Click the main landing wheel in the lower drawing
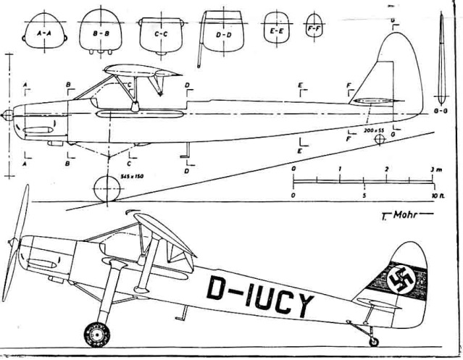point(96,334)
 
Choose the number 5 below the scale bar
point(364,196)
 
